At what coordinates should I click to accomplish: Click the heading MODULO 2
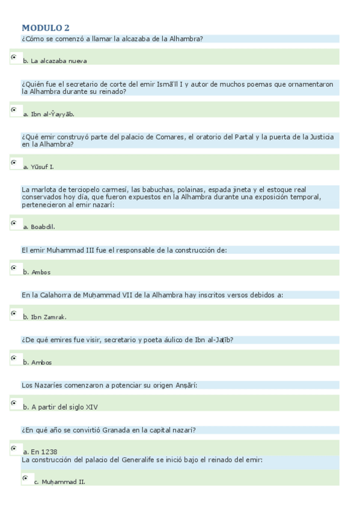click(x=46, y=28)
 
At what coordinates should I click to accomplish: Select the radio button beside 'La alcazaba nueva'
click(x=14, y=57)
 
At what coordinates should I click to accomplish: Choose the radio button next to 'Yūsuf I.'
click(x=14, y=162)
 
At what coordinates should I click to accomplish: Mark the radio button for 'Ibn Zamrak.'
click(x=14, y=313)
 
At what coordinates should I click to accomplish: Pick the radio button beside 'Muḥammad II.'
click(x=25, y=478)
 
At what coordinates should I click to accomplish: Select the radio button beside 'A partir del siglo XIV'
click(x=14, y=403)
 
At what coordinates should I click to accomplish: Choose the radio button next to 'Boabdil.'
click(x=14, y=223)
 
